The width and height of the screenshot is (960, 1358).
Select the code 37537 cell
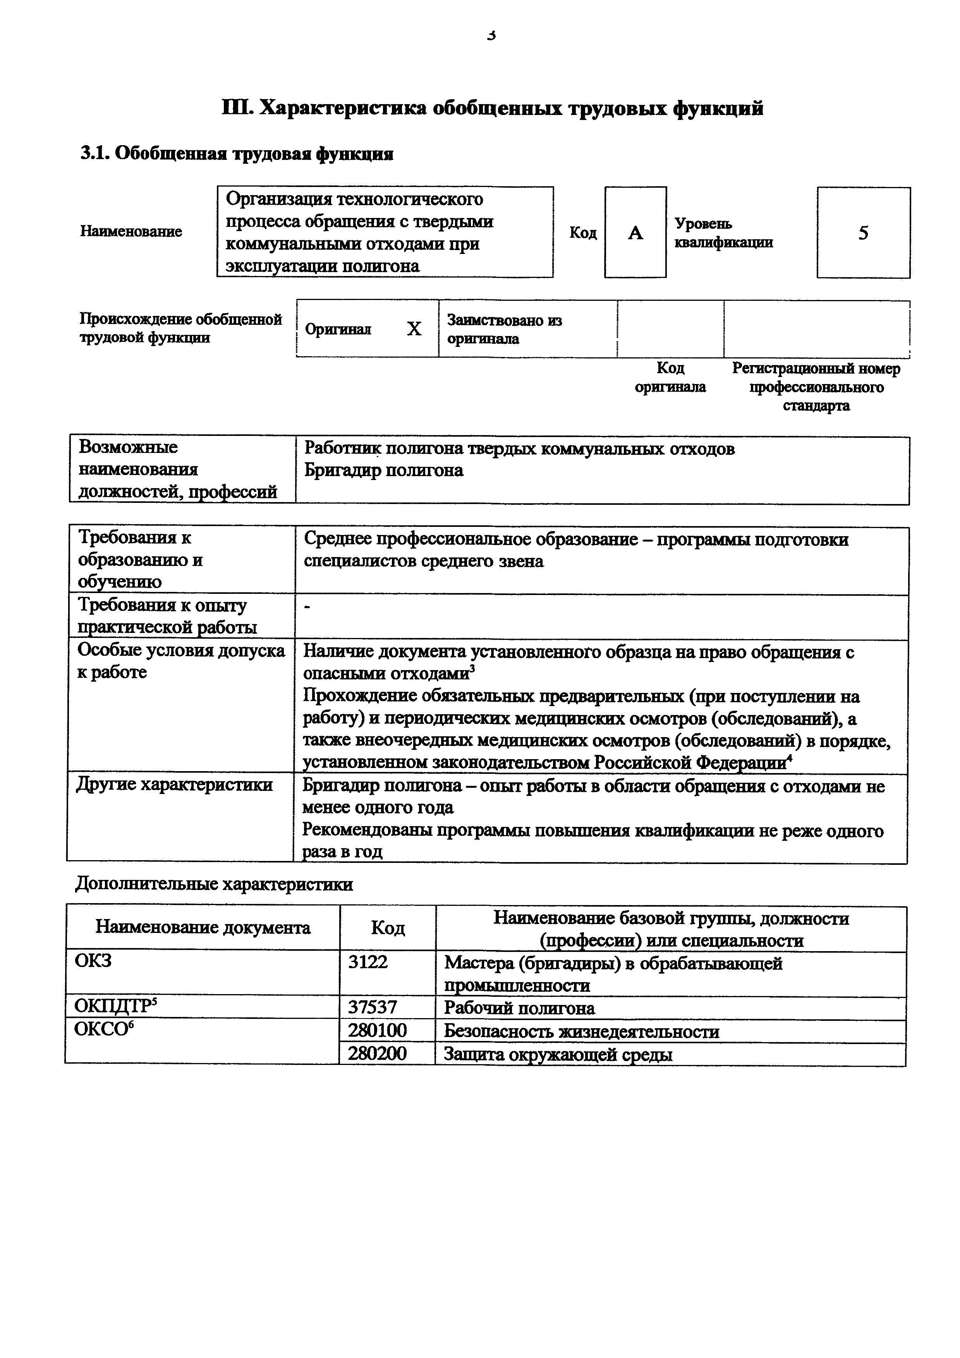(x=372, y=1007)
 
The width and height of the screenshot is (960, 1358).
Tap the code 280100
(x=377, y=1031)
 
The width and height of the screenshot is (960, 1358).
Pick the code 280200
(x=377, y=1054)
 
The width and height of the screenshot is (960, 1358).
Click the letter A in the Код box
(x=635, y=233)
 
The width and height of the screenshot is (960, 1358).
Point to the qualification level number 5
(x=863, y=233)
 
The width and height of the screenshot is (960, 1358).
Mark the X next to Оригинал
(x=414, y=329)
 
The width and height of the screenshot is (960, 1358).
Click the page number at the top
(x=491, y=36)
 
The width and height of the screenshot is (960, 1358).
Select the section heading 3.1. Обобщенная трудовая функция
(x=237, y=154)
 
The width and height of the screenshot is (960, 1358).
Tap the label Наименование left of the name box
(x=131, y=231)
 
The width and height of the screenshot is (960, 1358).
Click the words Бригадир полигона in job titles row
(x=383, y=470)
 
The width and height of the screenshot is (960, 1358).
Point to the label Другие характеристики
(x=175, y=785)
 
